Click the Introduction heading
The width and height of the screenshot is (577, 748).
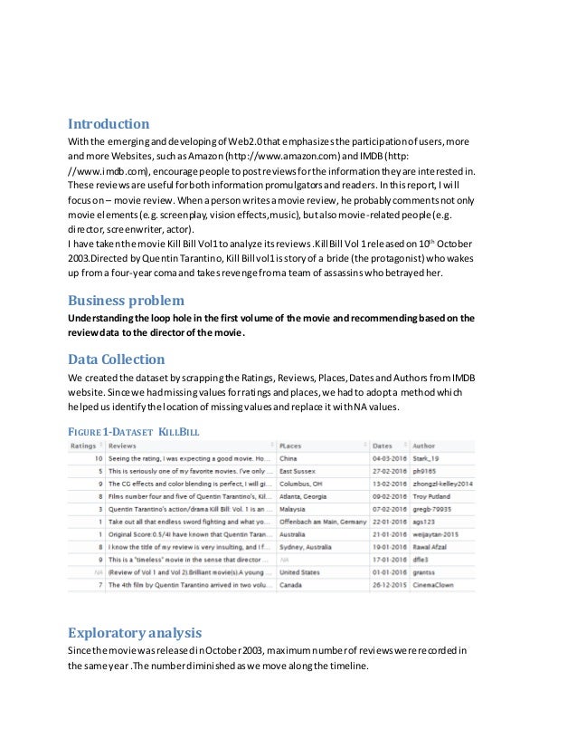(x=109, y=124)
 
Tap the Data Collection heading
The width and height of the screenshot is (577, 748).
(x=117, y=360)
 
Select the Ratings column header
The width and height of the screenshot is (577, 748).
(x=83, y=446)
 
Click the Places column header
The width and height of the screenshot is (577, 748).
(x=291, y=446)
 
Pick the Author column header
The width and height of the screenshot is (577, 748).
(x=423, y=446)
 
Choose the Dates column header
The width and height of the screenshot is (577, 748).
(x=383, y=446)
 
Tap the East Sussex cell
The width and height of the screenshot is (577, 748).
(x=298, y=472)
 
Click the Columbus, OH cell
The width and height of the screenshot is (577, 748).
(x=303, y=484)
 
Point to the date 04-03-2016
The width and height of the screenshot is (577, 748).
(x=390, y=459)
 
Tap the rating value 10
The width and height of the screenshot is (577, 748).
(x=97, y=459)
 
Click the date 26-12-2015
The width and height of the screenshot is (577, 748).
(x=390, y=587)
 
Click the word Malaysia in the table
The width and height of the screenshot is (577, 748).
(x=295, y=510)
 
